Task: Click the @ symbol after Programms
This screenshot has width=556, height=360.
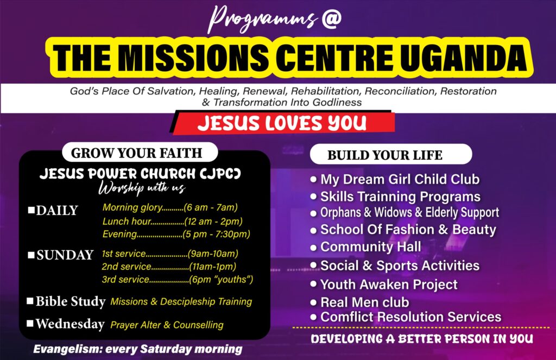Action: coord(332,19)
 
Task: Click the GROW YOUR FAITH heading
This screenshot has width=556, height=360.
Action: coord(136,153)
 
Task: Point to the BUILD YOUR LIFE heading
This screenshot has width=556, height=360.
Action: coord(385,155)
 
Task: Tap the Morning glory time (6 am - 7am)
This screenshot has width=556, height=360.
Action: coord(211,207)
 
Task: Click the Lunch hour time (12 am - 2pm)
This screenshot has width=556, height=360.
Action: coord(213,222)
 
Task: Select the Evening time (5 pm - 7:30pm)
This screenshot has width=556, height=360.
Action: coord(216,234)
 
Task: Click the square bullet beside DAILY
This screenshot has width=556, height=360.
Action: coord(31,210)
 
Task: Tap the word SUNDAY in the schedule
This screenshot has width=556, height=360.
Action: coord(65,255)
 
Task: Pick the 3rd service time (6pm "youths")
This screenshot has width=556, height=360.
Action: coord(222,280)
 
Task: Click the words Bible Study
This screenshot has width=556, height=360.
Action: coord(71,301)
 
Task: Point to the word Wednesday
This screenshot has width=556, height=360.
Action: coord(70,324)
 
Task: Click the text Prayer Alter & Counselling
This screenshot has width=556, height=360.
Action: coord(167,325)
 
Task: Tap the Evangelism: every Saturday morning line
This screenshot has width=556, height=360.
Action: coord(137,349)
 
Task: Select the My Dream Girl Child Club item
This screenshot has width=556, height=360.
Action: coord(400,180)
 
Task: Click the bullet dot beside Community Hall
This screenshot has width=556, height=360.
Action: coord(313,247)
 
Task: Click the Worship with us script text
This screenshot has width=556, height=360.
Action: coord(142,188)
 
